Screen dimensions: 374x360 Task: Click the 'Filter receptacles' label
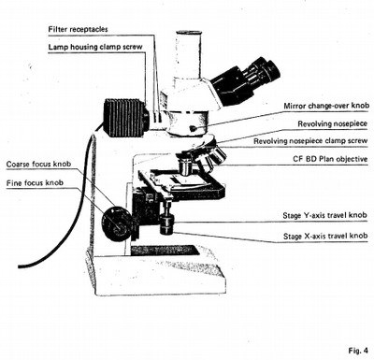tap(78, 29)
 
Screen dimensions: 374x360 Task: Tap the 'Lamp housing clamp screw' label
tap(95, 47)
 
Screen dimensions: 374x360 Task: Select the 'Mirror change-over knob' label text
tap(326, 106)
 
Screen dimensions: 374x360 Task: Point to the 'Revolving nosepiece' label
tap(333, 123)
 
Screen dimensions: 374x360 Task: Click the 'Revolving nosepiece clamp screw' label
tap(310, 141)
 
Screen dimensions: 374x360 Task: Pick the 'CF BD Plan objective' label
tap(330, 159)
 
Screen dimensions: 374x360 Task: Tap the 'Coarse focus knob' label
tap(38, 164)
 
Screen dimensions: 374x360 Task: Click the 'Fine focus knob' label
tap(35, 183)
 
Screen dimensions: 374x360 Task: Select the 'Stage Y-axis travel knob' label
tap(324, 215)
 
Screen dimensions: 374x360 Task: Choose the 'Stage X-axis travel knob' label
tap(325, 236)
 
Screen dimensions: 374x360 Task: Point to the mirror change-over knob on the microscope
tap(194, 128)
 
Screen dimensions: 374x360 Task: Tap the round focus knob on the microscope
tap(117, 223)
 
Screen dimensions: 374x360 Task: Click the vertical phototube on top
tap(188, 56)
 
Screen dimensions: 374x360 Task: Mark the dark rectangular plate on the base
tap(165, 250)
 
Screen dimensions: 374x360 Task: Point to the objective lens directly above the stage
tap(186, 166)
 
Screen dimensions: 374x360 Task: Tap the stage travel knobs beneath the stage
tap(167, 223)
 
